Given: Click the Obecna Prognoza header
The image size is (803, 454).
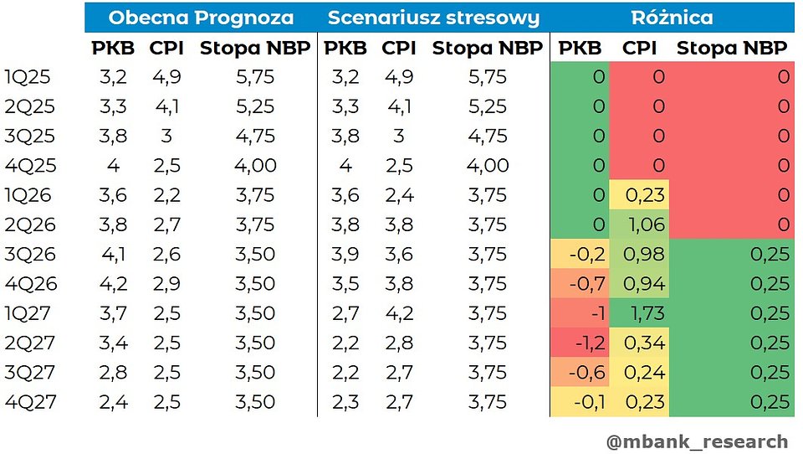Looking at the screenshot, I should click(201, 18).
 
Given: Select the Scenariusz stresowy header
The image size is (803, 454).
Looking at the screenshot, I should click(433, 18).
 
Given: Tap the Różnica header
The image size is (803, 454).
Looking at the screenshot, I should click(673, 18).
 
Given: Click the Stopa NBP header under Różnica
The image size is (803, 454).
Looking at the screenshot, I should click(731, 49).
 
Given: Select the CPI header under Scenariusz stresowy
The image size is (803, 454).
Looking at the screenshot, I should click(399, 49).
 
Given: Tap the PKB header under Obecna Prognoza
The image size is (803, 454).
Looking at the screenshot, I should click(113, 49).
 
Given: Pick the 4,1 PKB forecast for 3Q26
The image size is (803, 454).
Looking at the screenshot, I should click(113, 254).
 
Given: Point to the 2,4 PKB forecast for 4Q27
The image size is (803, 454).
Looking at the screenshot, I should click(113, 402).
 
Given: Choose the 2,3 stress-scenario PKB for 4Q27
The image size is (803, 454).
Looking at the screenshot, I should click(345, 402).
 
